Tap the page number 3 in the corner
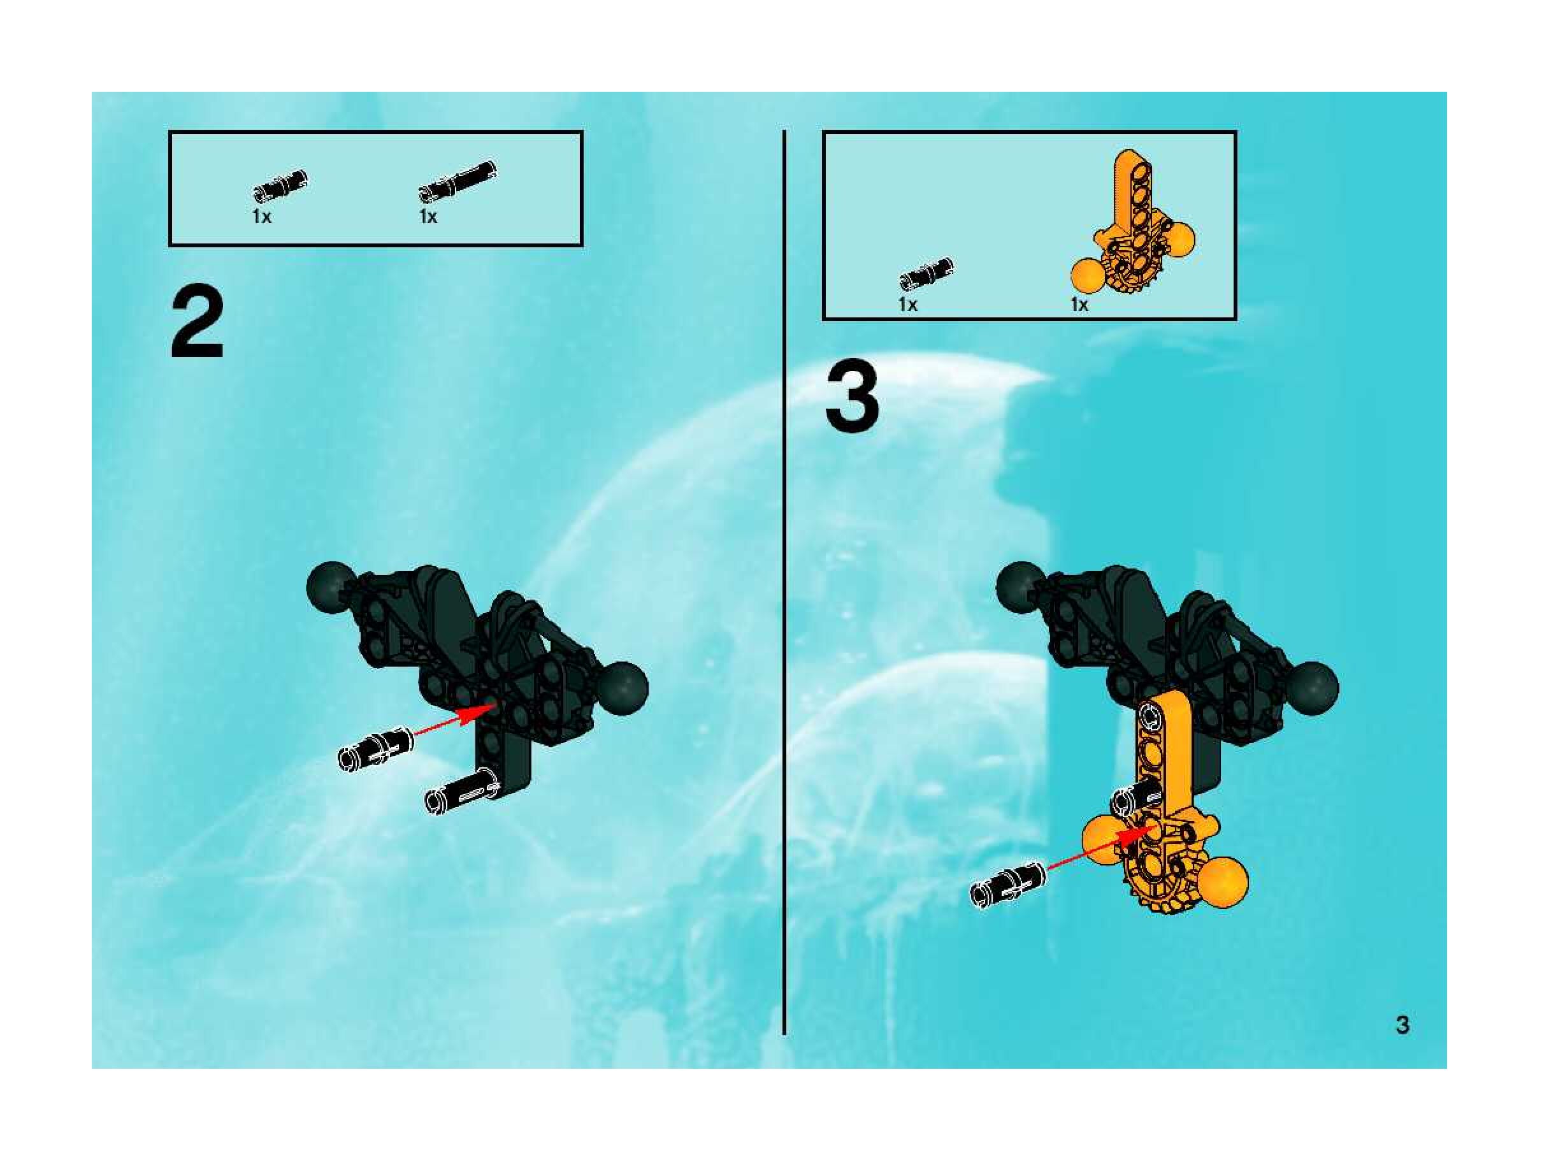[x=1402, y=1025]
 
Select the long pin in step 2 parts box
[x=458, y=183]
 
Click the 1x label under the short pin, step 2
[x=262, y=217]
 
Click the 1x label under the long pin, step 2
[x=428, y=217]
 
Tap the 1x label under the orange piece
[x=1079, y=305]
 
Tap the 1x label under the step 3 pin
[x=907, y=305]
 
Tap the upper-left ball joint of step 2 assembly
[x=329, y=586]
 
